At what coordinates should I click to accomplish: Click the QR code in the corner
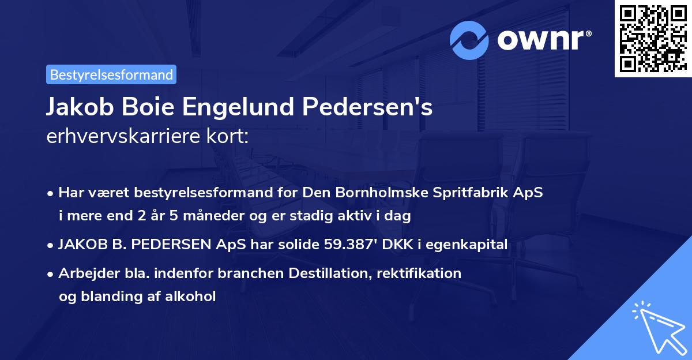click(x=652, y=39)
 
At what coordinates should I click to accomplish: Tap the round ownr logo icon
click(x=469, y=40)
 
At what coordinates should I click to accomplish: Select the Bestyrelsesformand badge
click(x=111, y=74)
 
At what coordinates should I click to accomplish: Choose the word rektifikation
click(x=419, y=273)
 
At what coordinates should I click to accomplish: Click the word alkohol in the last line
click(x=190, y=297)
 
